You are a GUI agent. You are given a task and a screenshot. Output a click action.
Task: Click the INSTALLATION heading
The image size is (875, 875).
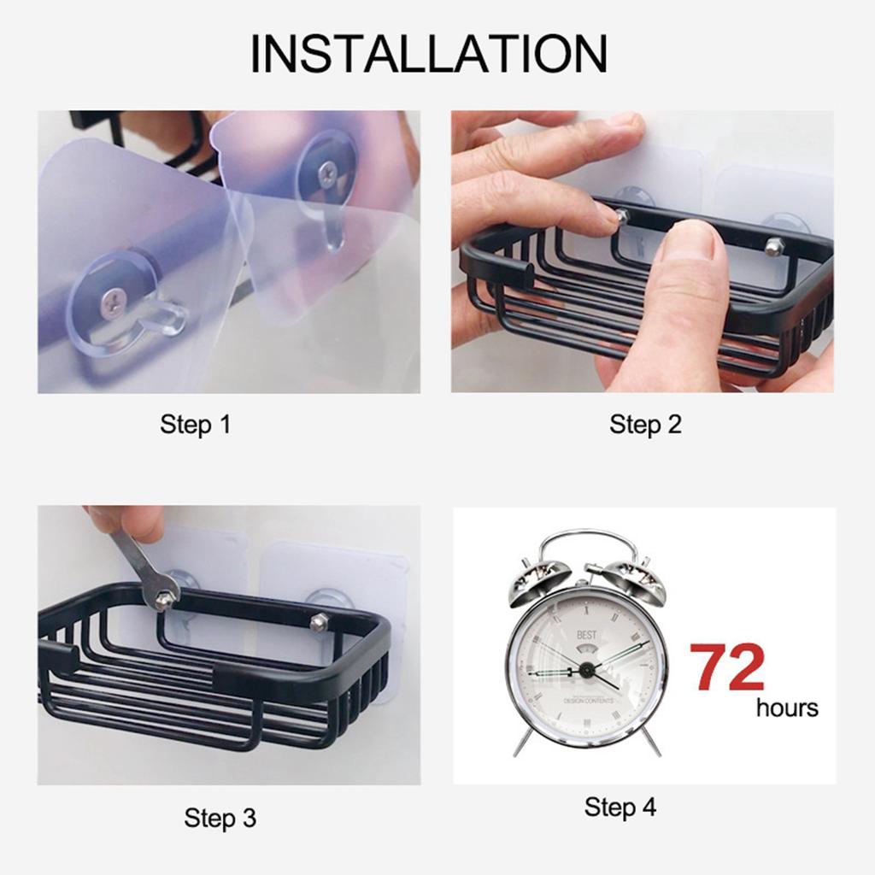[x=428, y=54]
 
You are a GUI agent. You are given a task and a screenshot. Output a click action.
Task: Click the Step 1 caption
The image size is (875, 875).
[x=195, y=424]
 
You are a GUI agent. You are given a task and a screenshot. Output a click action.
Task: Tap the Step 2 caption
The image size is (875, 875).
[x=645, y=424]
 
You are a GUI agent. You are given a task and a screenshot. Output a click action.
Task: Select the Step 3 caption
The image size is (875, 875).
[x=220, y=819]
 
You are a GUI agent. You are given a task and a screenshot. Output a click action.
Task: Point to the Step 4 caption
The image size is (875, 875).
[x=620, y=807]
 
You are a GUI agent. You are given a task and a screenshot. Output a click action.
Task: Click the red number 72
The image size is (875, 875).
[x=727, y=667]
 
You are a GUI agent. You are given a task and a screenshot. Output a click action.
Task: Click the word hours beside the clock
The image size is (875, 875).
[x=786, y=708]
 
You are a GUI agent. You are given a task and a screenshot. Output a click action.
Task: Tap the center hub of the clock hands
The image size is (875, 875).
[x=586, y=670]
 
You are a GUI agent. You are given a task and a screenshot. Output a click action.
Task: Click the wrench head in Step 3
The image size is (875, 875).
[x=161, y=592]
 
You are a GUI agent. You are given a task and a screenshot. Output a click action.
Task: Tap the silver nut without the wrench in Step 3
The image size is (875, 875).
[x=319, y=621]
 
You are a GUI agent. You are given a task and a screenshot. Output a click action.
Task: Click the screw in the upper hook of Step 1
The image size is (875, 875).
[x=327, y=174]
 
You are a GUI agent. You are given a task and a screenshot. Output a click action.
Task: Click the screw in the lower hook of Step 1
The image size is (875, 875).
[x=114, y=300]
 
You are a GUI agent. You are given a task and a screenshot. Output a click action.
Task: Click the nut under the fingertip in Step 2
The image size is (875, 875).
[x=621, y=217]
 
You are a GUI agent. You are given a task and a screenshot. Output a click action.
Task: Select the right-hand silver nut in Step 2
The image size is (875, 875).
[x=774, y=247]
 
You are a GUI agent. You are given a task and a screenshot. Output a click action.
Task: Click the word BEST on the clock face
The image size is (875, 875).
[x=586, y=635]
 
